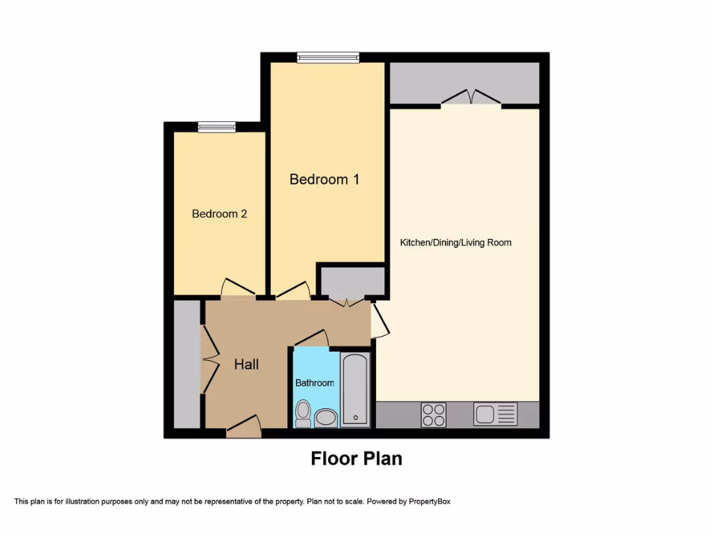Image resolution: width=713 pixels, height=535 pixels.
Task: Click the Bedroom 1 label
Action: point(324,179)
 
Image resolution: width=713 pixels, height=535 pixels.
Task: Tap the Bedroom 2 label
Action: point(219,214)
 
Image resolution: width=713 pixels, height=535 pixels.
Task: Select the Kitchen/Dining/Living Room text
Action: point(455,242)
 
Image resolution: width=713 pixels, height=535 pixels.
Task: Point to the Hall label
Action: point(246,364)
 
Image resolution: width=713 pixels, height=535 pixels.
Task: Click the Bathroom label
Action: point(315,382)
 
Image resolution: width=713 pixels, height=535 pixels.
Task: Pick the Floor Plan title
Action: point(356,458)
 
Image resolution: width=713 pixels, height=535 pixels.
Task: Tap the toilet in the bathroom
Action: point(303,414)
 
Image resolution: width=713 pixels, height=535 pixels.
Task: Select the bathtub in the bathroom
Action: point(355,389)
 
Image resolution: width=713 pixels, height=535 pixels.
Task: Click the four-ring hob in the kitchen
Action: point(433,414)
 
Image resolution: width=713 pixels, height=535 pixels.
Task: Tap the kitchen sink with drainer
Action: point(495,414)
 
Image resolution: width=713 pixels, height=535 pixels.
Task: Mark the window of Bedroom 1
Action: point(328,58)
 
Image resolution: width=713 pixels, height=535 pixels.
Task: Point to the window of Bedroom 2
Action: point(217,127)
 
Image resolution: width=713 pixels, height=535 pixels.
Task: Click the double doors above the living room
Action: point(471,98)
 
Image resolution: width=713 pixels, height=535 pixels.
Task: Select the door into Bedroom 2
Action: point(237,289)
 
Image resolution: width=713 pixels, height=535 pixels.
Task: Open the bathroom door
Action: point(311,338)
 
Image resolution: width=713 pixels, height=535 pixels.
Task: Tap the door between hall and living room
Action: point(379,320)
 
